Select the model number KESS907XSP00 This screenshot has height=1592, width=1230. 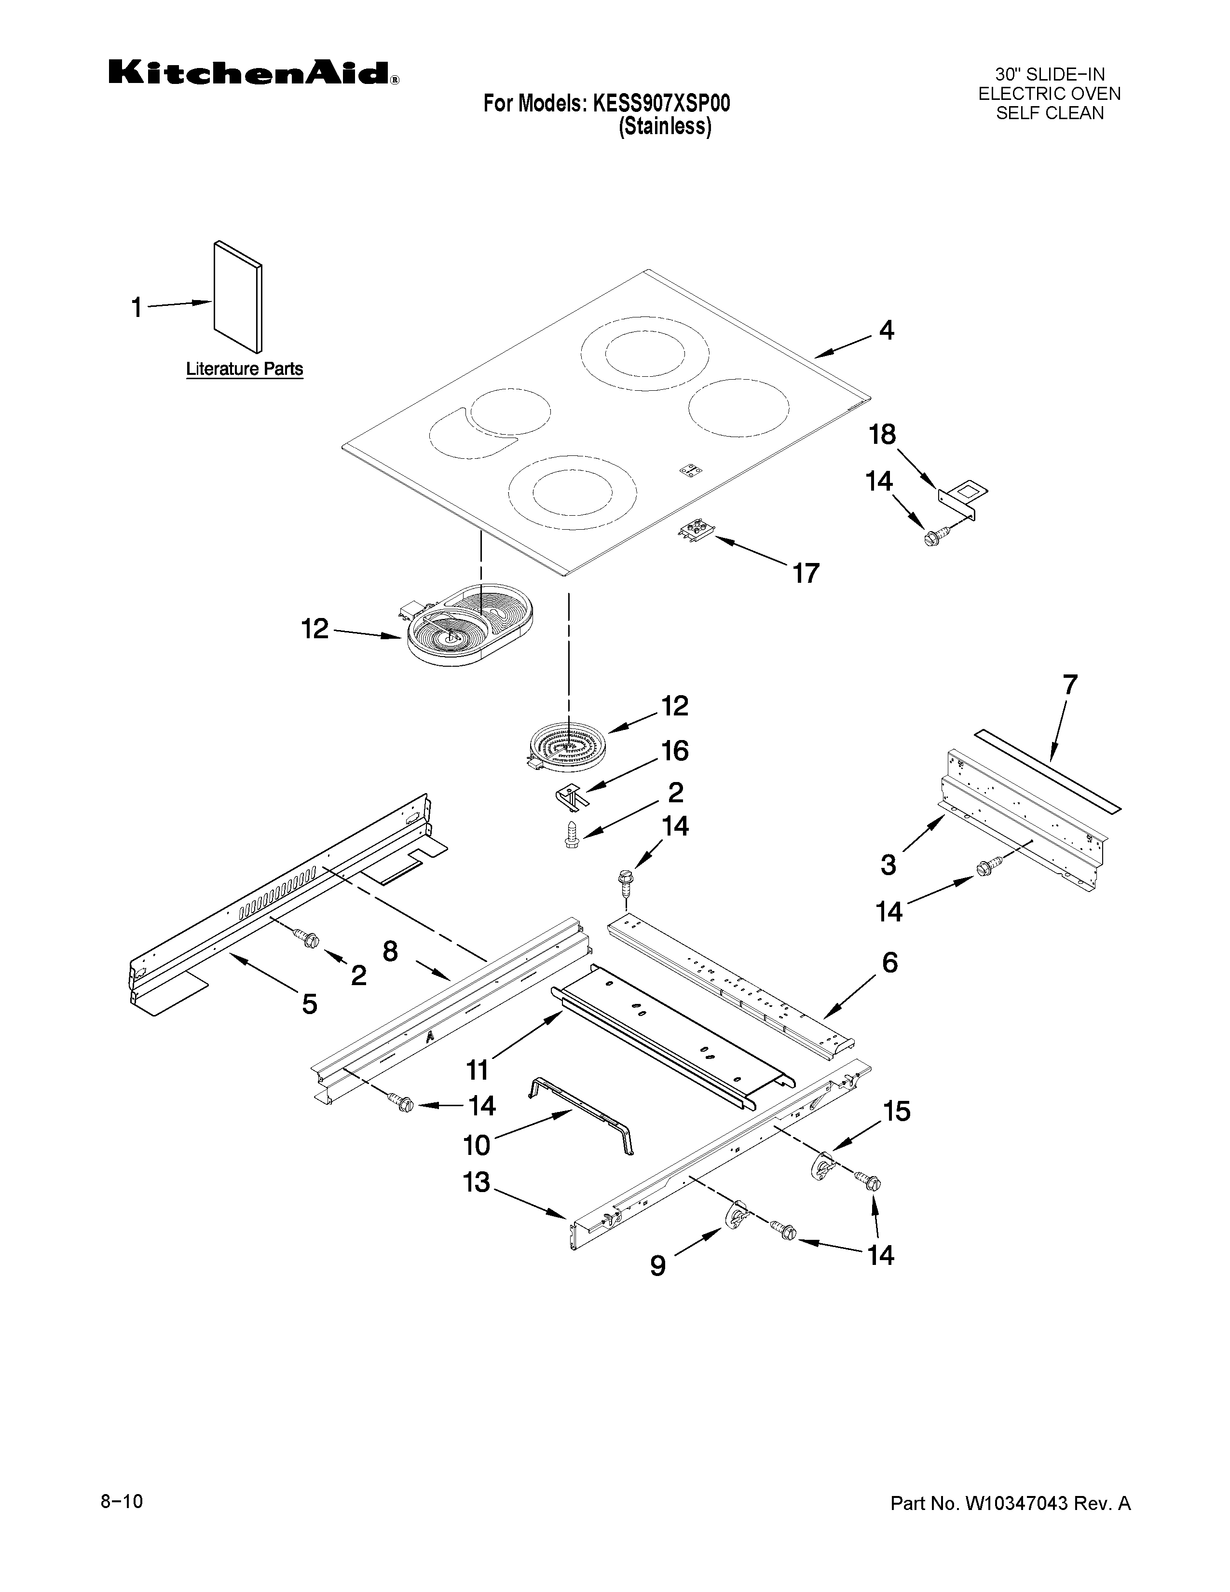(661, 104)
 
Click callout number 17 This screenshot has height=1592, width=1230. (806, 573)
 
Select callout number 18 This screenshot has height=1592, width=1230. (882, 435)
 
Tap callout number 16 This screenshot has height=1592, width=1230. (675, 750)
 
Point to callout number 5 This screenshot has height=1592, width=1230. (310, 1004)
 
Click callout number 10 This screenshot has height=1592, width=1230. (477, 1145)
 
